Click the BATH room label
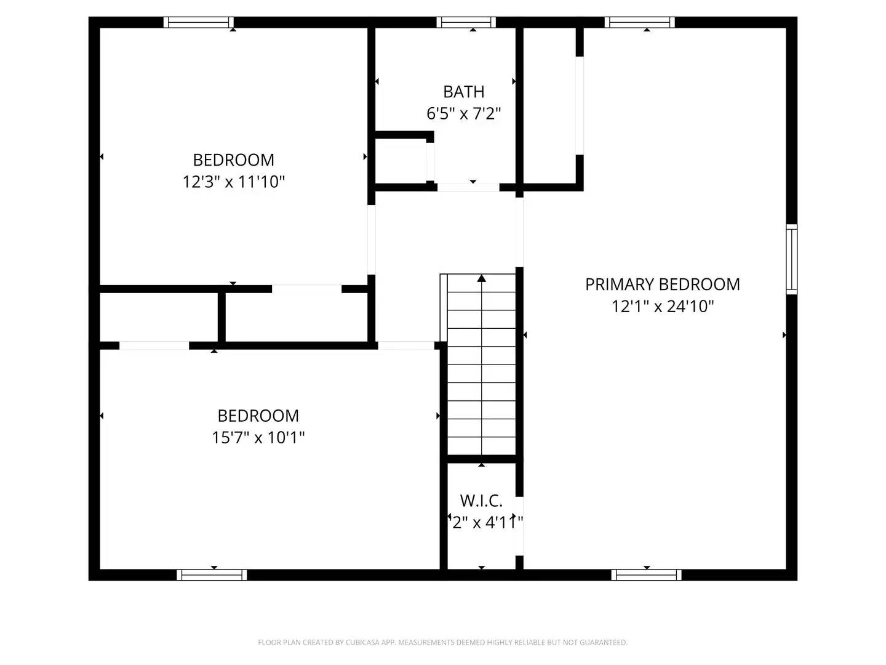[x=463, y=92]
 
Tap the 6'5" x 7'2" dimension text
[x=463, y=114]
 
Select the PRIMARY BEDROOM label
[x=662, y=284]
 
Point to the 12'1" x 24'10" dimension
[x=662, y=307]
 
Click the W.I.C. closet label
[x=481, y=500]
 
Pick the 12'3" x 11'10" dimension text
[x=234, y=182]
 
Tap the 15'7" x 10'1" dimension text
[x=258, y=438]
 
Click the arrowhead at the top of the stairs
[x=482, y=278]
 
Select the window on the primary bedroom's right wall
[x=791, y=259]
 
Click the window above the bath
[x=466, y=23]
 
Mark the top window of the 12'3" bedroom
[x=198, y=23]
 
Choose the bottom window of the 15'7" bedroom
[x=212, y=574]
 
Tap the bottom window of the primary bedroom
[x=646, y=574]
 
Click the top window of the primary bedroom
[x=639, y=23]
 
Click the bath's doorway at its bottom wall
[x=468, y=187]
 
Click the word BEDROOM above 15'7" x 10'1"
[x=258, y=416]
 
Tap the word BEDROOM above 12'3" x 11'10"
[x=234, y=160]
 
